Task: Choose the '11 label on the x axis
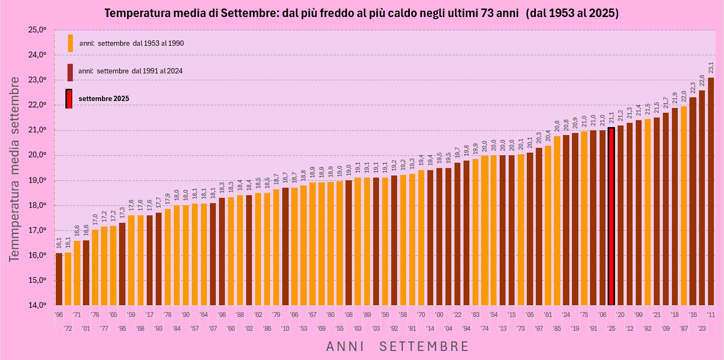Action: click(711, 314)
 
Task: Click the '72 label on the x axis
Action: click(68, 328)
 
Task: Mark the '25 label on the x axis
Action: click(611, 314)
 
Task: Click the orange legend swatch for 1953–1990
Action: click(70, 43)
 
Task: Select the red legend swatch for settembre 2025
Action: click(69, 98)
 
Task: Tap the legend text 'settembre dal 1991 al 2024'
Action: click(131, 71)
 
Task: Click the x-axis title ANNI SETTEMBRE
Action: click(398, 347)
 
